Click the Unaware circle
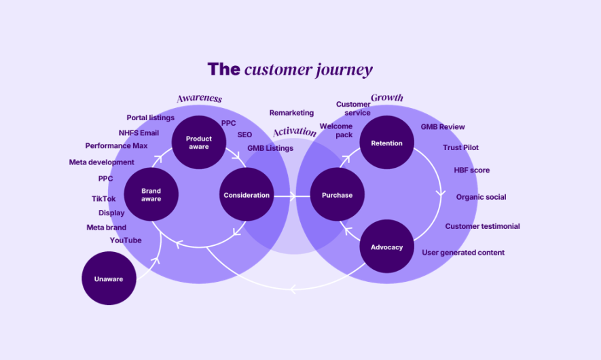(x=109, y=278)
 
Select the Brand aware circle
(x=151, y=194)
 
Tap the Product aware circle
(x=198, y=142)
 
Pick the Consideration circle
(x=247, y=194)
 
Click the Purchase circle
(x=337, y=194)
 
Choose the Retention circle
(x=386, y=142)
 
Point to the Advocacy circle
(x=386, y=247)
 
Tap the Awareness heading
(x=199, y=98)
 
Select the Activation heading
(x=295, y=132)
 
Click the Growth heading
(x=386, y=98)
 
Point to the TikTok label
(x=103, y=198)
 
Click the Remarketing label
(x=291, y=113)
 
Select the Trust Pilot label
(x=460, y=147)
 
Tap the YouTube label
(x=126, y=240)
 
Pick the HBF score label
(x=472, y=170)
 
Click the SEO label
(x=244, y=134)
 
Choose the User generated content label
(x=463, y=253)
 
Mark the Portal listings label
(x=150, y=118)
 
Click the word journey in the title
(x=344, y=70)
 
